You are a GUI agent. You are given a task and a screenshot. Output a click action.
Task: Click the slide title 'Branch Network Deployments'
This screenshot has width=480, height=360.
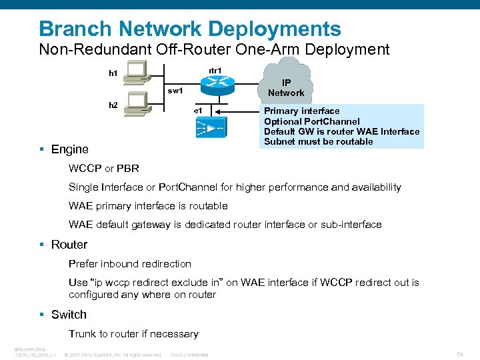tap(190, 29)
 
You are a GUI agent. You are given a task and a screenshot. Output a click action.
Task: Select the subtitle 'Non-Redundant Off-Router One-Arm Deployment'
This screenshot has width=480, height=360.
tap(214, 49)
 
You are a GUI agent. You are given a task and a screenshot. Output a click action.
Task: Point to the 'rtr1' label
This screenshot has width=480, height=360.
tap(215, 70)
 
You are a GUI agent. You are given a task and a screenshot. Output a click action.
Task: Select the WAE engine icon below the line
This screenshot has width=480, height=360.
tap(211, 127)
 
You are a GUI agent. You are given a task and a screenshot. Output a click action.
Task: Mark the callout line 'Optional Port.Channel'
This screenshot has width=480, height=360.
tap(311, 121)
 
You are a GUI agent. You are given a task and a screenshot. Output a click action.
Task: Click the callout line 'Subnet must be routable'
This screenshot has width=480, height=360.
tap(318, 141)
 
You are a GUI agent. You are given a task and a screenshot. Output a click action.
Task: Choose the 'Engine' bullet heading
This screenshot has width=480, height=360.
tap(69, 149)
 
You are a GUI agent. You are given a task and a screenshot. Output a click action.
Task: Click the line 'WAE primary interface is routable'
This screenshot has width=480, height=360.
tap(148, 206)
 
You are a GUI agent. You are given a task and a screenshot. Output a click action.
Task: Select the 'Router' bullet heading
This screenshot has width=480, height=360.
tap(69, 245)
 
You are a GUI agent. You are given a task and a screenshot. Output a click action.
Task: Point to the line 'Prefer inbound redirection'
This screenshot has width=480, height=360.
tap(129, 263)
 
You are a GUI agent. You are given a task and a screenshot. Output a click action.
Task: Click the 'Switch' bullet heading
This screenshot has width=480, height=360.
tap(69, 315)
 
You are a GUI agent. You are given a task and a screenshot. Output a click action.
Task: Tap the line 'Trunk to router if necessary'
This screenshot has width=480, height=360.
tap(133, 333)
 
